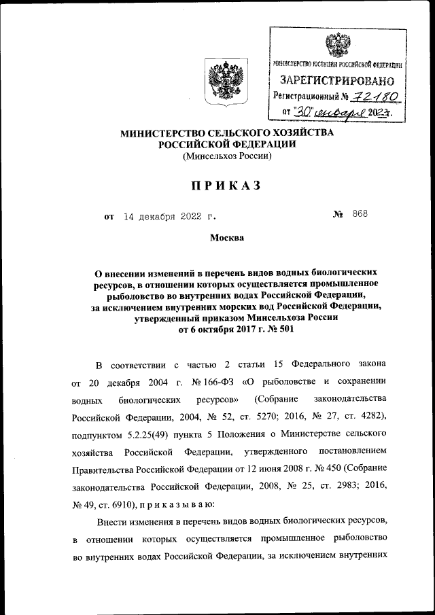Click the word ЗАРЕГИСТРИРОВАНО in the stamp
tap(338, 81)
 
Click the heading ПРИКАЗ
tap(217, 186)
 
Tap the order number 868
tap(360, 214)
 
